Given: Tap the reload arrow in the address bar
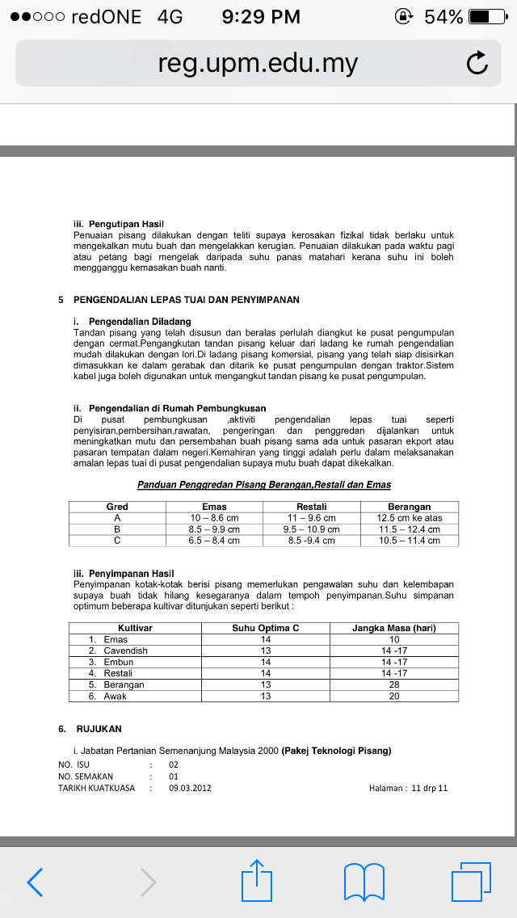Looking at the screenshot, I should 477,64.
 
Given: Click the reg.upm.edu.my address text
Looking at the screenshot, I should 258,64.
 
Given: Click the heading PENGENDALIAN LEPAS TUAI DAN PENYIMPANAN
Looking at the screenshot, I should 186,300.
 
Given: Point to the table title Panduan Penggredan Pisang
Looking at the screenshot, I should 263,485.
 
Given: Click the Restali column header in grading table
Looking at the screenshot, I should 311,507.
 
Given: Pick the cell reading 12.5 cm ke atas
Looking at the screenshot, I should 410,518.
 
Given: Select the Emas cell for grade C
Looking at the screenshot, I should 214,541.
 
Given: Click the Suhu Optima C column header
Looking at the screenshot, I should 266,628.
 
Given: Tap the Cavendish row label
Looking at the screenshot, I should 125,651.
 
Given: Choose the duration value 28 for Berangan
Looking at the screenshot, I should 394,684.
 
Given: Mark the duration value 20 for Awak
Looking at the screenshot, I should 394,696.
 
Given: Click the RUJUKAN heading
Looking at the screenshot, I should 99,728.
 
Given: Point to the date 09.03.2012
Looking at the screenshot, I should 190,788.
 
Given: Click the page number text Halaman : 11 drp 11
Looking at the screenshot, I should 408,788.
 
